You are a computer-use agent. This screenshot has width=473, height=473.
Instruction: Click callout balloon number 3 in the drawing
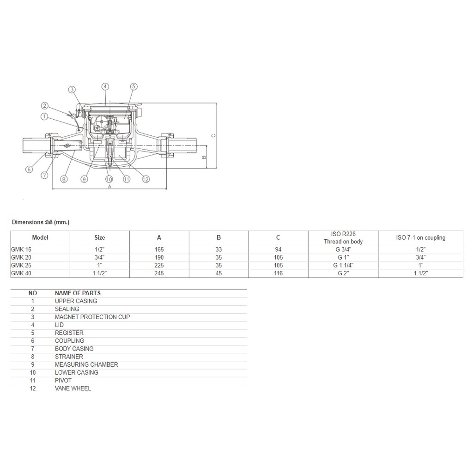pos(72,90)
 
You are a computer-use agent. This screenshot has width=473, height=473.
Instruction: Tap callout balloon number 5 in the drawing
pos(133,86)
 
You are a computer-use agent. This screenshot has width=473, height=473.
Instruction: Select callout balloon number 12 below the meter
pos(146,179)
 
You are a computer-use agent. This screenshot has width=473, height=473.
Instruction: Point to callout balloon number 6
pos(29,169)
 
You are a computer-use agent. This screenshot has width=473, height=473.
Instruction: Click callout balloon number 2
pos(45,106)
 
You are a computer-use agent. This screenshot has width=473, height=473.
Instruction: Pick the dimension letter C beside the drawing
pos(213,136)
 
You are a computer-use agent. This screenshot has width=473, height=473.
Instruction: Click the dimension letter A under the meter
pos(110,187)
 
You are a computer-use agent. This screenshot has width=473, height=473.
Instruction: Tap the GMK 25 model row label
pos(21,266)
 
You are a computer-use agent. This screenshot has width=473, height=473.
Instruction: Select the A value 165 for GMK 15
pos(159,249)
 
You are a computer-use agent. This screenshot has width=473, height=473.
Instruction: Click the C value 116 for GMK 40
pos(278,273)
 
